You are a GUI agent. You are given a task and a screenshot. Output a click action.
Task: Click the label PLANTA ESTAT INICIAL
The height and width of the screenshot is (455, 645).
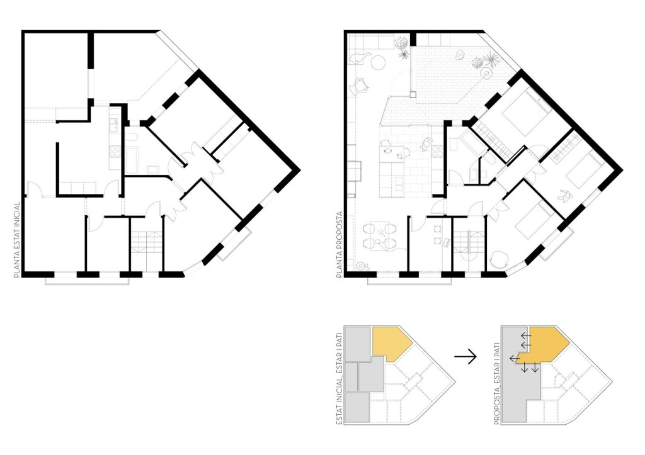(x=17, y=240)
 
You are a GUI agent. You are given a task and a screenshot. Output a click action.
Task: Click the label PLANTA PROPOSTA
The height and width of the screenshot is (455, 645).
(x=340, y=245)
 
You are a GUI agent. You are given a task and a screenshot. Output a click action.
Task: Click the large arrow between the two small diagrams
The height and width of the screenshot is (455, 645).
(x=465, y=356)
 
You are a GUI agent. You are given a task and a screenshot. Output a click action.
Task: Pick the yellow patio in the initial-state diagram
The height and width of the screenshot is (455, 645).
(x=391, y=344)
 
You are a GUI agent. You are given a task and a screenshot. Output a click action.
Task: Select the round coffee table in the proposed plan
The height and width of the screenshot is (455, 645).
(x=378, y=62)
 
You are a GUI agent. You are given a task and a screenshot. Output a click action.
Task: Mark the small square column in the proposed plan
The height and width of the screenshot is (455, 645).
(x=413, y=94)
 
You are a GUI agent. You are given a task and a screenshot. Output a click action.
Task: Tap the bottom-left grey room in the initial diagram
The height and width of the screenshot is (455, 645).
(x=357, y=407)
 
